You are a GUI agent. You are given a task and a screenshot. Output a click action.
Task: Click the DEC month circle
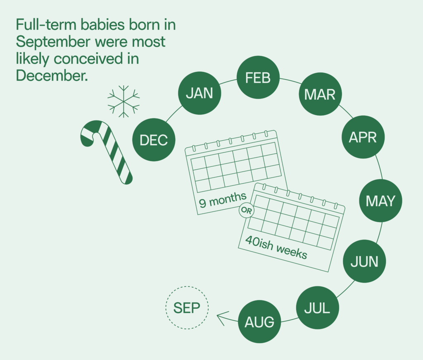tap(154, 140)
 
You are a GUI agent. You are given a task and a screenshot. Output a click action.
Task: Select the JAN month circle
tap(199, 94)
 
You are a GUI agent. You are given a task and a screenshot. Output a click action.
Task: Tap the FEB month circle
tap(258, 78)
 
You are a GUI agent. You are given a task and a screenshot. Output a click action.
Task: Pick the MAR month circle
tap(320, 95)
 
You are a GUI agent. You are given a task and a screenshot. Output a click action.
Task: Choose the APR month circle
tap(363, 137)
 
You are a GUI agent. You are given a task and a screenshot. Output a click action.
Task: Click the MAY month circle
tap(380, 201)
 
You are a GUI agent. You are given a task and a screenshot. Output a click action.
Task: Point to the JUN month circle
tap(364, 262)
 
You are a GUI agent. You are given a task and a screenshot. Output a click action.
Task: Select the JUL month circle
tap(318, 307)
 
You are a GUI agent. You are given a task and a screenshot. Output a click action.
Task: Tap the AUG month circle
tap(259, 322)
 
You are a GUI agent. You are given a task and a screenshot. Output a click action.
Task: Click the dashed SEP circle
tap(187, 308)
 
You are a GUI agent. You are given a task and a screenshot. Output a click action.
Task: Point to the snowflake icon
tap(123, 101)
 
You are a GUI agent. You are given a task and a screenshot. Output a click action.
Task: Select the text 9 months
tap(223, 200)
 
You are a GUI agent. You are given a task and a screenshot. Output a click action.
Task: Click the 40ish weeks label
tap(276, 247)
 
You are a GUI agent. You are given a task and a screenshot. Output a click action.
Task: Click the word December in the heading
tap(52, 75)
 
